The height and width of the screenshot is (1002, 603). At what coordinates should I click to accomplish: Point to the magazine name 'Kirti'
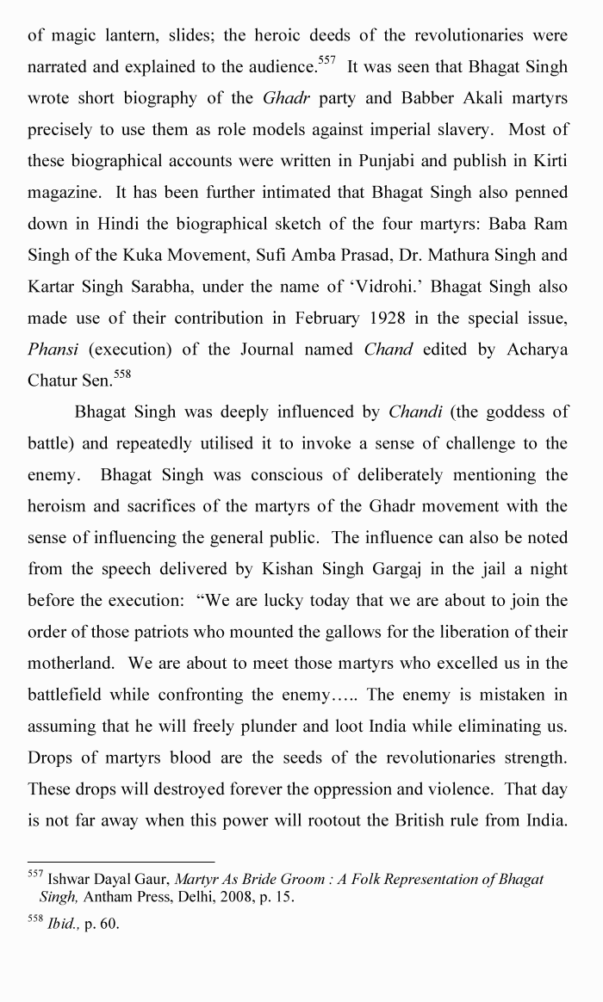(548, 161)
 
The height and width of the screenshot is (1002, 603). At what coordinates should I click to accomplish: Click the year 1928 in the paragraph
(393, 318)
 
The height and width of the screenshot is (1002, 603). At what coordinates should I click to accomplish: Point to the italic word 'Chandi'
(415, 412)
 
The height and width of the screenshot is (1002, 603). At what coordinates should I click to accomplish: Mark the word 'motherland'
(69, 663)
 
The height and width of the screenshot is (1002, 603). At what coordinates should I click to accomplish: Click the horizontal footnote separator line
(121, 861)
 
